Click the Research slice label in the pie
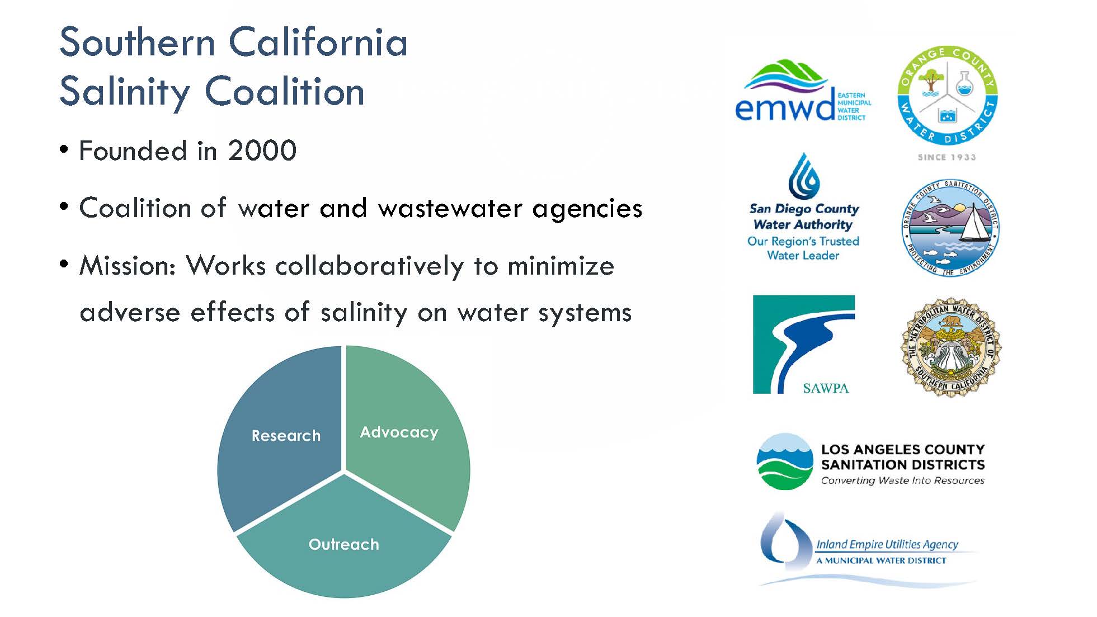[286, 435]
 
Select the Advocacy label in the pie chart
[399, 432]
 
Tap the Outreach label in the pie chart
[343, 544]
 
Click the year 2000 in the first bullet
[262, 150]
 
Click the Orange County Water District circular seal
[947, 96]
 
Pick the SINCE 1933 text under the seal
[947, 157]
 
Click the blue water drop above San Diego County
[804, 176]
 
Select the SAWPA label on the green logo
[826, 388]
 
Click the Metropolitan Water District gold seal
[950, 347]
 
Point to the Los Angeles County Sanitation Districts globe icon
[784, 461]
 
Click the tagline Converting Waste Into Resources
[902, 481]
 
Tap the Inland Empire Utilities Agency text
[887, 544]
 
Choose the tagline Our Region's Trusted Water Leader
[803, 248]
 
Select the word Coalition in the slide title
[285, 91]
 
